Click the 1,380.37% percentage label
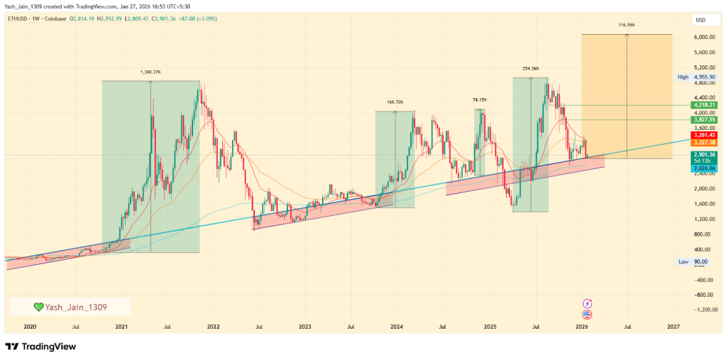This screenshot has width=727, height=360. [151, 72]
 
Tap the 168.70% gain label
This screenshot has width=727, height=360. [395, 102]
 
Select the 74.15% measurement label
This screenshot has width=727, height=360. [479, 100]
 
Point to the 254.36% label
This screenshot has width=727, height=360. [530, 69]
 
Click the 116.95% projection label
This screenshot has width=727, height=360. [626, 25]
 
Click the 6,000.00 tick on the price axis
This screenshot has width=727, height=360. [704, 37]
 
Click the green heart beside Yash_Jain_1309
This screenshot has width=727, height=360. [38, 307]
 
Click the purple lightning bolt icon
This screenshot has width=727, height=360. [587, 303]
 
